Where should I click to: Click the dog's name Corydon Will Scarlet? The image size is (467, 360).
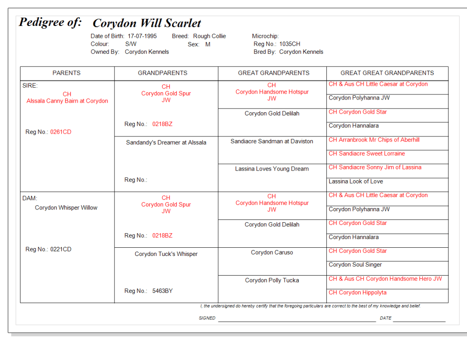tap(147, 23)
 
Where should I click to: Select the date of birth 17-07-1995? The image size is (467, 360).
tap(142, 36)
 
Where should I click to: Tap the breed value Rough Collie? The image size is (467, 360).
tap(209, 36)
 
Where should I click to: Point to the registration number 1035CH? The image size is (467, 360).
tap(290, 44)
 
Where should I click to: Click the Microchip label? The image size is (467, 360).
tap(265, 36)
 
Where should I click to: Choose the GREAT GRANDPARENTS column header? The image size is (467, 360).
tap(273, 73)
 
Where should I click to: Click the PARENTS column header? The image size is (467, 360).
tap(67, 73)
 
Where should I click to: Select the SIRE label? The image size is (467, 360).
tap(30, 85)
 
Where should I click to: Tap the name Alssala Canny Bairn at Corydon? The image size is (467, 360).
tap(67, 101)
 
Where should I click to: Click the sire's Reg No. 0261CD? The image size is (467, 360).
tap(61, 132)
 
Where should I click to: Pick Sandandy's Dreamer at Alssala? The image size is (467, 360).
tap(166, 142)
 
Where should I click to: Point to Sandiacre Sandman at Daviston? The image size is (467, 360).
tap(272, 141)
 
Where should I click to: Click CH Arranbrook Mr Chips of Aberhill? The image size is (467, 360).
tap(374, 140)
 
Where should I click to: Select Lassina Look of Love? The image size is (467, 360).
tap(356, 181)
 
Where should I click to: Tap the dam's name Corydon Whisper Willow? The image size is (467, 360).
tap(66, 208)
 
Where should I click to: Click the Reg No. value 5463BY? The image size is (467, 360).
tap(163, 291)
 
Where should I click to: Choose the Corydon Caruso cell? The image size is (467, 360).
tap(272, 252)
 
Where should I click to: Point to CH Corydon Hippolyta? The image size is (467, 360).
tap(357, 292)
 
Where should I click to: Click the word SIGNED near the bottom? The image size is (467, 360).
tap(207, 318)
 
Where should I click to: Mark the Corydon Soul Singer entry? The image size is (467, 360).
tap(355, 265)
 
